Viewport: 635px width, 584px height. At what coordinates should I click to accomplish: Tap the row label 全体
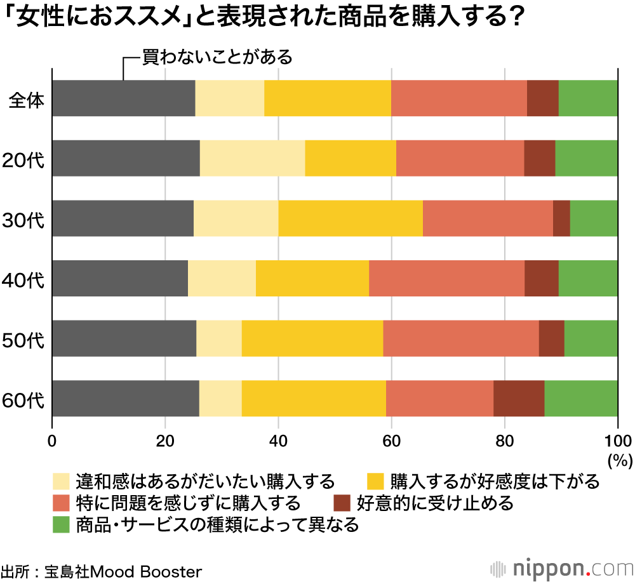click(26, 99)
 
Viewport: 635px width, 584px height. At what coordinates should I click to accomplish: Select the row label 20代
click(24, 159)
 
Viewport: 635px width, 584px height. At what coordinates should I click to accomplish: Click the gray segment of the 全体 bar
click(123, 98)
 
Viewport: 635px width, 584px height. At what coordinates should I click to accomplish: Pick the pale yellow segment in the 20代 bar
click(252, 158)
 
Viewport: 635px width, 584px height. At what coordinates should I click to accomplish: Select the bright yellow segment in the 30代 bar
click(350, 218)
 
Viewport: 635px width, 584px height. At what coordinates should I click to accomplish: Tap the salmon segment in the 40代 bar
click(446, 278)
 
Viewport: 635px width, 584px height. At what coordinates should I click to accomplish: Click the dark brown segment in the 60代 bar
click(518, 399)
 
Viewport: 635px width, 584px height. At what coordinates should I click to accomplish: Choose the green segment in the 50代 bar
click(591, 338)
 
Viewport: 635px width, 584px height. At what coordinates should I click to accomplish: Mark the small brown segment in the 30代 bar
click(561, 218)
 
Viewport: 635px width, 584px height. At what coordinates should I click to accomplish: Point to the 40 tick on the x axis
click(278, 440)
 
